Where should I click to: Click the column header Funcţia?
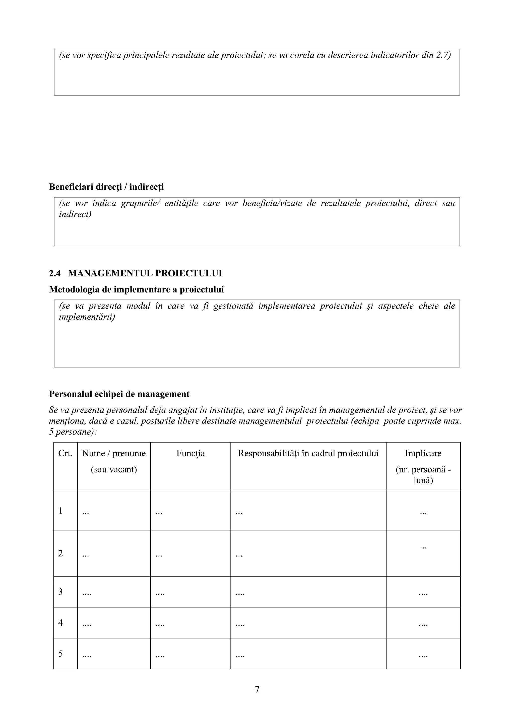click(x=191, y=453)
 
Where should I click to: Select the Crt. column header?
click(x=65, y=453)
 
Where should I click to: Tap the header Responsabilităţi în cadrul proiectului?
click(x=308, y=453)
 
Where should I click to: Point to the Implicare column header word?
click(x=423, y=453)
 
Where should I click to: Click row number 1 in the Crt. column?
click(x=60, y=511)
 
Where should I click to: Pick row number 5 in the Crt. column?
click(x=60, y=654)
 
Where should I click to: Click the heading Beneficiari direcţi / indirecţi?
click(x=106, y=187)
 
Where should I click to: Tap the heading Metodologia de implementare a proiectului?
click(x=137, y=289)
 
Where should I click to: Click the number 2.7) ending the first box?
click(x=443, y=55)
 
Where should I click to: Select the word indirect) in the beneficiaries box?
click(x=75, y=214)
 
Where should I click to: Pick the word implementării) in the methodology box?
click(x=87, y=317)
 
